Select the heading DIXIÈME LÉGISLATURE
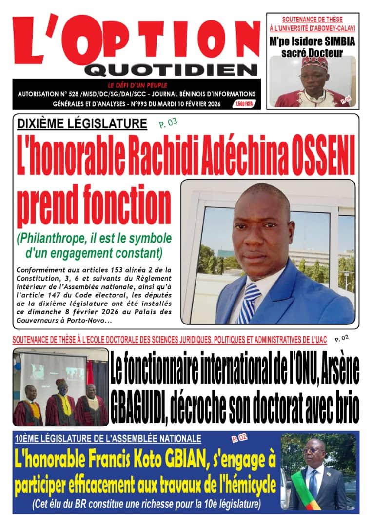coord(82,123)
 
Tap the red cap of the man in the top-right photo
coord(314,62)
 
